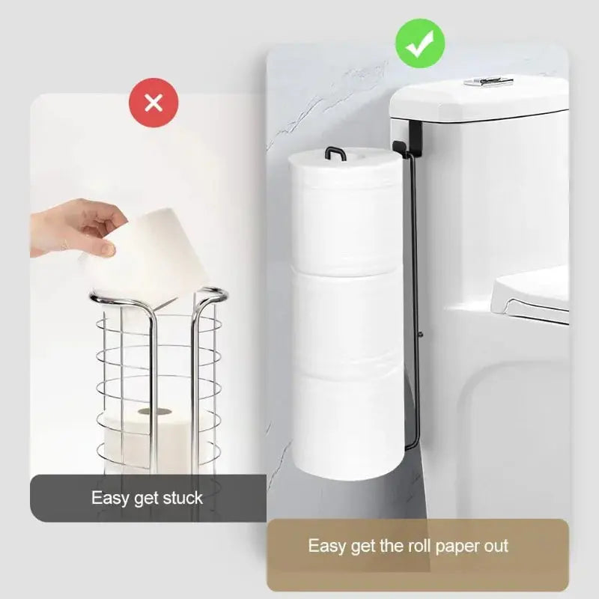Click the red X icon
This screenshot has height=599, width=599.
pos(153,103)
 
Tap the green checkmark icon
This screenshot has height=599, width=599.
pos(420,43)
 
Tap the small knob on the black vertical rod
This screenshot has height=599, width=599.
pos(420,334)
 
